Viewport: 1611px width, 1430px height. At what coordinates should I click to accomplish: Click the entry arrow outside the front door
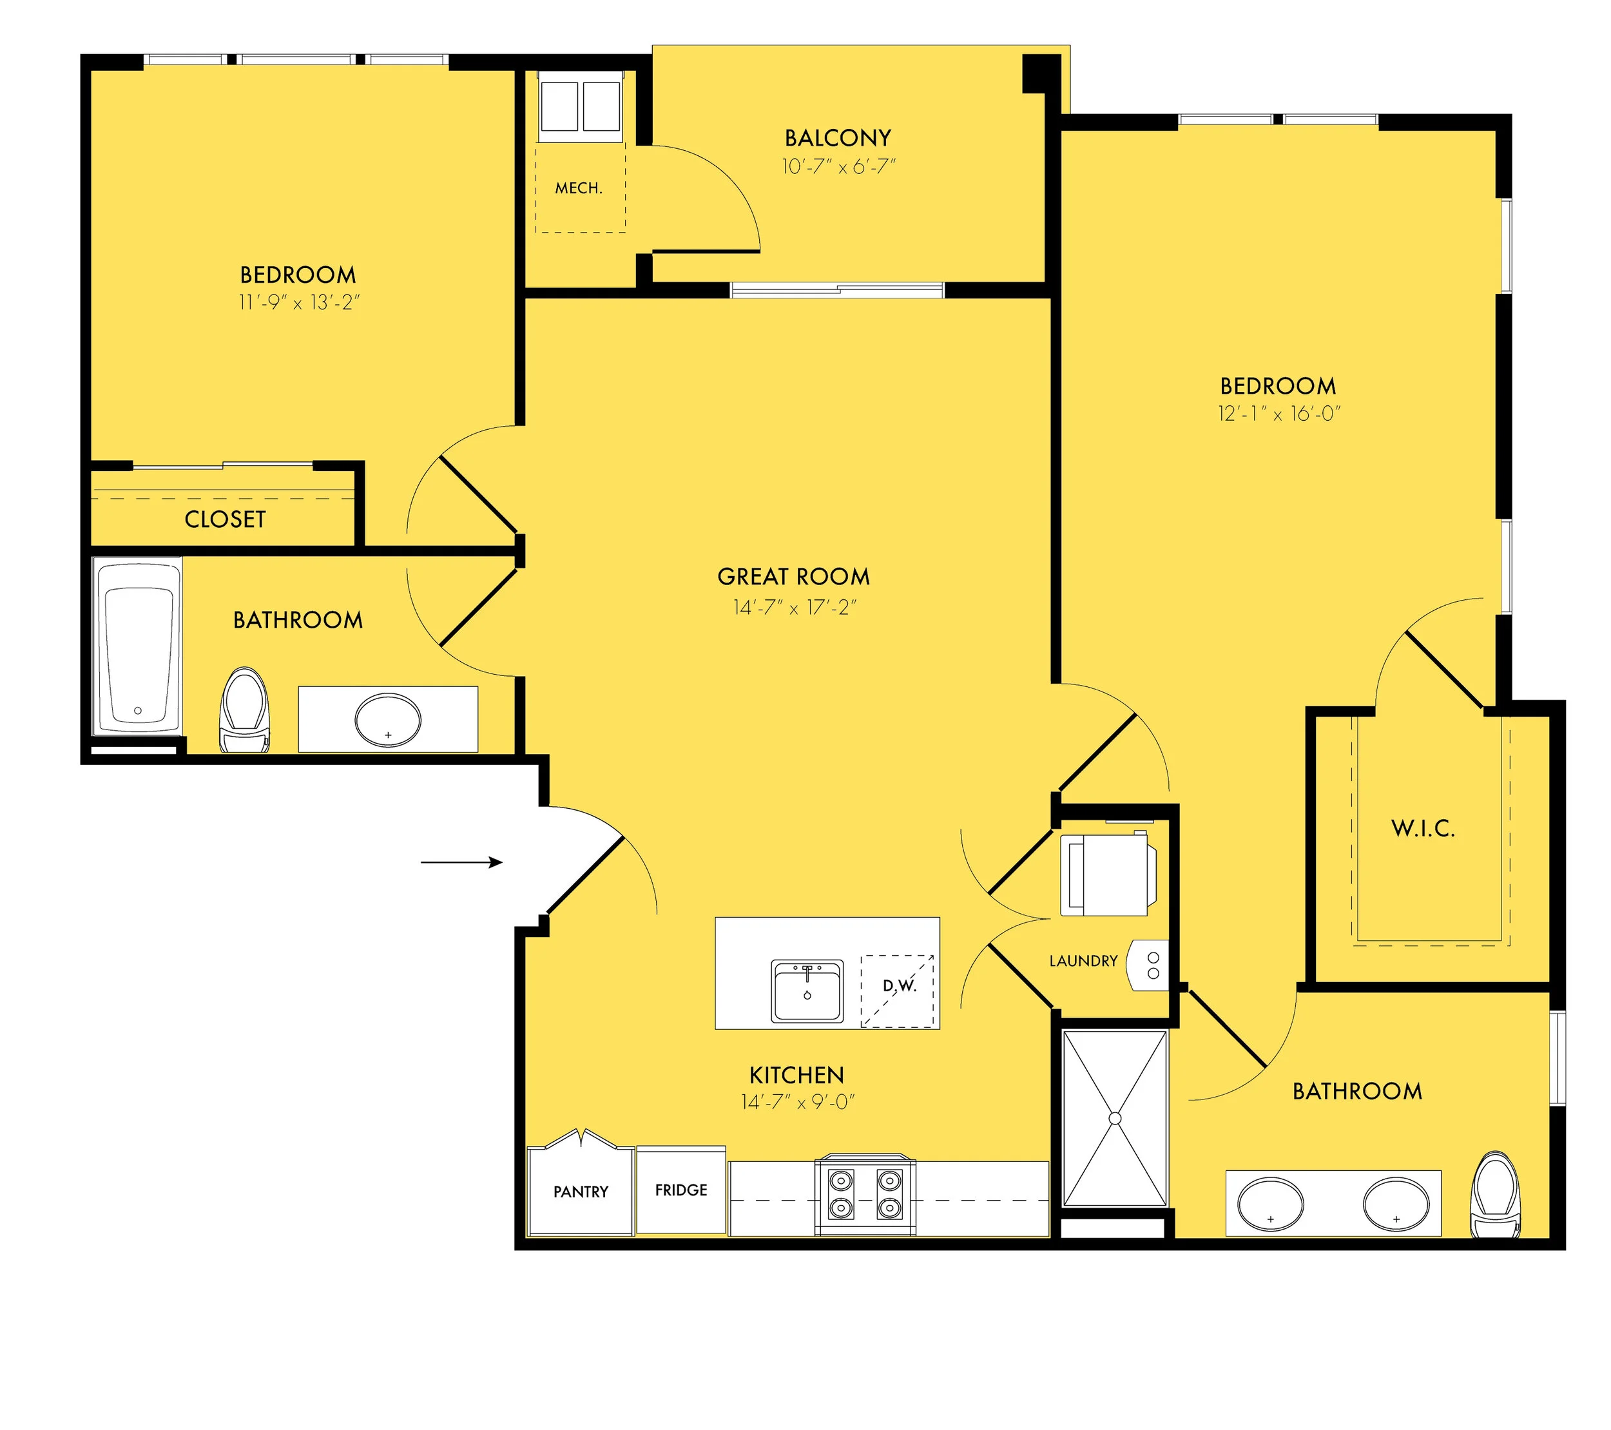point(461,862)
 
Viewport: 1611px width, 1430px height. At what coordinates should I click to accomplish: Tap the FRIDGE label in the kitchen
point(681,1190)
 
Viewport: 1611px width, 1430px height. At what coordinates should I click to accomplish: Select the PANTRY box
point(581,1191)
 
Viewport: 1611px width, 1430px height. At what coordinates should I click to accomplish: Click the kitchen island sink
point(807,991)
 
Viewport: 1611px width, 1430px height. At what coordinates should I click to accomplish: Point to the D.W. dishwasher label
point(898,985)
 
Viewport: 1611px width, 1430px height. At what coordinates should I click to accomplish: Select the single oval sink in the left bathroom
point(388,720)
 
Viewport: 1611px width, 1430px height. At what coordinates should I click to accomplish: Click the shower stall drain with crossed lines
point(1114,1118)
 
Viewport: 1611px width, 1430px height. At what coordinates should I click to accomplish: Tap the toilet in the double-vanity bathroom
point(1495,1195)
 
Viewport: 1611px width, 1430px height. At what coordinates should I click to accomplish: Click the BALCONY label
point(838,138)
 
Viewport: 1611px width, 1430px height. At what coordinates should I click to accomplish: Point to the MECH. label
point(579,188)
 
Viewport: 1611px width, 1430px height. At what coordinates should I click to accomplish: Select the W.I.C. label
point(1423,829)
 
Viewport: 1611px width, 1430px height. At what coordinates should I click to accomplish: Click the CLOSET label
point(225,519)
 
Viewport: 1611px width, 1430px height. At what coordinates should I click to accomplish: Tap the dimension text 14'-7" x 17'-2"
point(795,607)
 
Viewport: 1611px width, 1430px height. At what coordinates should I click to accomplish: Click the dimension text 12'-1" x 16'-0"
point(1278,414)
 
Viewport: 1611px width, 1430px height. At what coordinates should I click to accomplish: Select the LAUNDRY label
point(1083,961)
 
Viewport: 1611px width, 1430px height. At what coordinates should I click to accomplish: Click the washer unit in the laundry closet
point(1107,875)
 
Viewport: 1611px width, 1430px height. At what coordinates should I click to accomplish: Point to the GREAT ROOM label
point(794,576)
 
